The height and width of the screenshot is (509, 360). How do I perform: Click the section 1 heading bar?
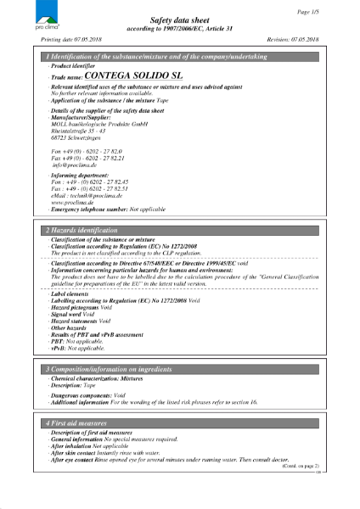[x=180, y=56]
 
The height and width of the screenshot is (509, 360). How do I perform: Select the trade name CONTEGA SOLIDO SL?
[x=125, y=76]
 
